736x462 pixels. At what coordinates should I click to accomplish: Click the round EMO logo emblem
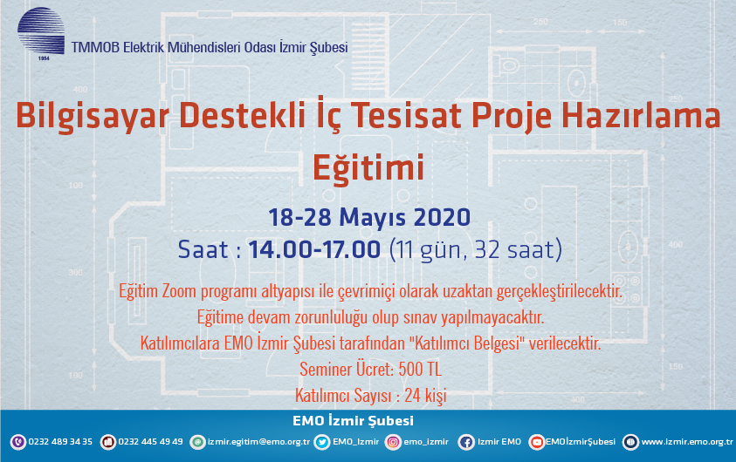[x=41, y=31]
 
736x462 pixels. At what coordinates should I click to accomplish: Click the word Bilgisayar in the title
[x=92, y=116]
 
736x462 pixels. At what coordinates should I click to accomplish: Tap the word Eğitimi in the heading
[x=368, y=167]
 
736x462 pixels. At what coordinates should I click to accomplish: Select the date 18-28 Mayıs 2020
[x=369, y=217]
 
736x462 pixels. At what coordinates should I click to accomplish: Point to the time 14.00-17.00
[x=314, y=249]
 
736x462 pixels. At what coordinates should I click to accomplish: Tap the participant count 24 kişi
[x=425, y=396]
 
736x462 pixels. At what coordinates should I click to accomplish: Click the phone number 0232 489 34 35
[x=60, y=442]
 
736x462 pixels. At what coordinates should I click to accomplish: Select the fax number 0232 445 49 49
[x=150, y=442]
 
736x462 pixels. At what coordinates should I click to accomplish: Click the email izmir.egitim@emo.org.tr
[x=258, y=442]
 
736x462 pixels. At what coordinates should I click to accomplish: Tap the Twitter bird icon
[x=322, y=442]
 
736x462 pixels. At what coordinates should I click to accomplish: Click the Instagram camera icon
[x=394, y=442]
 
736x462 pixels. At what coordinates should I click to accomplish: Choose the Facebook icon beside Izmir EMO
[x=466, y=442]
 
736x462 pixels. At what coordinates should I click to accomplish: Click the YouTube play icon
[x=537, y=442]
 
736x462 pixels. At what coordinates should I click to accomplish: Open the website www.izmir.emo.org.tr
[x=687, y=442]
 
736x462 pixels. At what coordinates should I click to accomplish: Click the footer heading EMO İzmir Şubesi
[x=353, y=421]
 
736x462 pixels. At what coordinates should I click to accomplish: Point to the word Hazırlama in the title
[x=641, y=116]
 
